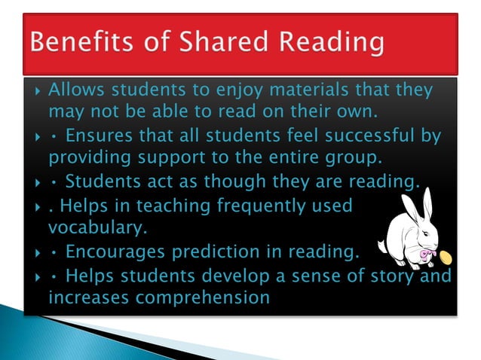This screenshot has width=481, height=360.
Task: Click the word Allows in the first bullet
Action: pyautogui.click(x=76, y=91)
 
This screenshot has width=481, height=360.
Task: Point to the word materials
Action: pyautogui.click(x=304, y=91)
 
